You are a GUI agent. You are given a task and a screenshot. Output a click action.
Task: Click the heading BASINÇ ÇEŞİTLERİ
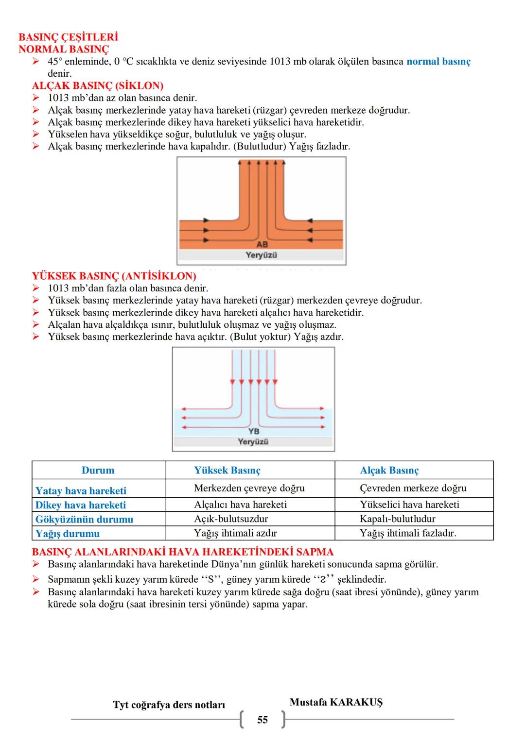click(x=68, y=37)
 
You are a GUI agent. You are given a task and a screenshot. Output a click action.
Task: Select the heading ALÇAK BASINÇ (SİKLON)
click(x=98, y=86)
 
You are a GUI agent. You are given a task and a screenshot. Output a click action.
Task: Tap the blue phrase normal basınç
click(x=438, y=62)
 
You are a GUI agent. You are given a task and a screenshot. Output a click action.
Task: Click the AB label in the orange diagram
click(x=262, y=245)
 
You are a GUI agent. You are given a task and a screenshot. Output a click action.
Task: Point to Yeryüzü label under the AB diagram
click(x=262, y=255)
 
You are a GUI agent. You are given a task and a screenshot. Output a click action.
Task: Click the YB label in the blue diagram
click(x=254, y=431)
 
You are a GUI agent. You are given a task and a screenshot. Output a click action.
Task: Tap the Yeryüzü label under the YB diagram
click(x=253, y=441)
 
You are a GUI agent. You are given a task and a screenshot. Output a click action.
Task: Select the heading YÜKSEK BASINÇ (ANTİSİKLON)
click(x=114, y=276)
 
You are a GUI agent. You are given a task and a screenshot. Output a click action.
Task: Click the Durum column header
click(x=98, y=471)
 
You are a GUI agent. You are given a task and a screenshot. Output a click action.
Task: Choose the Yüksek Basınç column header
click(x=227, y=471)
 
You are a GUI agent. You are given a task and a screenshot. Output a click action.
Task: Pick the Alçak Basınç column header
click(x=389, y=471)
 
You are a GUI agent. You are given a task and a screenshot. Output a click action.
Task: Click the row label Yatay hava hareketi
click(x=81, y=491)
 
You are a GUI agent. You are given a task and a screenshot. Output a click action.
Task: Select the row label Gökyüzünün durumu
click(x=84, y=520)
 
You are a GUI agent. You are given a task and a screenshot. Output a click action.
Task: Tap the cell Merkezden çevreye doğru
click(x=249, y=488)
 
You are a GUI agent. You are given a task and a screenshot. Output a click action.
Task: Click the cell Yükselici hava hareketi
click(x=409, y=505)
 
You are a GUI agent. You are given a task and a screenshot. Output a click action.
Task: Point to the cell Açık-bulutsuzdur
click(x=231, y=519)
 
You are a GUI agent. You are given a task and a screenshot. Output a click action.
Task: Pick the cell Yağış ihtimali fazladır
click(x=408, y=533)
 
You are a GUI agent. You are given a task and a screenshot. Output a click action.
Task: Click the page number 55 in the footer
click(x=262, y=720)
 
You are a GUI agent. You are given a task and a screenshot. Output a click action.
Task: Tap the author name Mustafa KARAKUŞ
click(x=336, y=702)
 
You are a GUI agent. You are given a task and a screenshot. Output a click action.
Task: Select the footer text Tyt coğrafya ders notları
click(x=169, y=705)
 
